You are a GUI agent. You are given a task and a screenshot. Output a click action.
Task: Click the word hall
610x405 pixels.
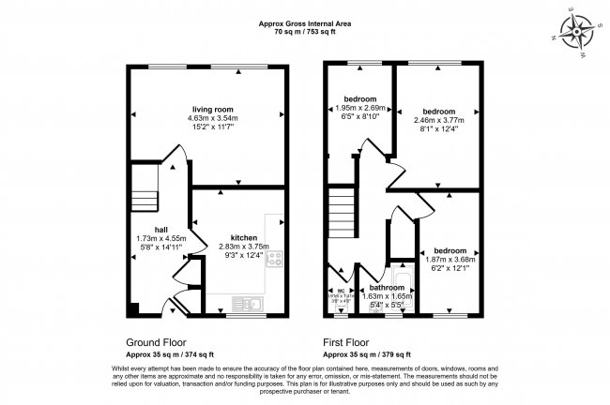[x=161, y=230]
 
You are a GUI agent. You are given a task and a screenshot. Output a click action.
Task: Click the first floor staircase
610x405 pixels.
[x=345, y=216]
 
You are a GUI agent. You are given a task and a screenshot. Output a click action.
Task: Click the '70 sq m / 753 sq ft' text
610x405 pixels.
[x=305, y=31]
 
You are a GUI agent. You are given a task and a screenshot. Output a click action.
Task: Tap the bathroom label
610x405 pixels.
[x=387, y=288]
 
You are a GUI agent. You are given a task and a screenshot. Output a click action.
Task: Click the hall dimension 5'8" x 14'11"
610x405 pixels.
[x=161, y=248]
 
